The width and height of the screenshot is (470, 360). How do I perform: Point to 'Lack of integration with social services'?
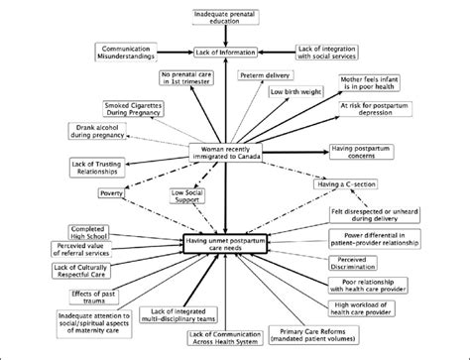pyautogui.click(x=335, y=52)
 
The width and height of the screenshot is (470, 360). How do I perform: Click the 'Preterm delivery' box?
pyautogui.click(x=265, y=75)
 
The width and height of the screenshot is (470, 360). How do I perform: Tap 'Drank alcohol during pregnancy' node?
pyautogui.click(x=100, y=132)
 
